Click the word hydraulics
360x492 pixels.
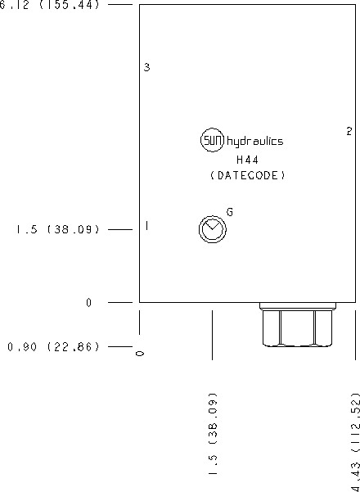[x=254, y=142]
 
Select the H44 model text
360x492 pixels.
[x=247, y=160]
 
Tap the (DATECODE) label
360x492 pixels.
[x=248, y=175]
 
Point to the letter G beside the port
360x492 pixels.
[x=230, y=212]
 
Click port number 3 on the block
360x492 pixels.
[x=146, y=67]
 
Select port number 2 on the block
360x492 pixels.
[x=349, y=131]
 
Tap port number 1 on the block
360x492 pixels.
[x=146, y=225]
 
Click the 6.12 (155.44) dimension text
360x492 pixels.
[x=50, y=5]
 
